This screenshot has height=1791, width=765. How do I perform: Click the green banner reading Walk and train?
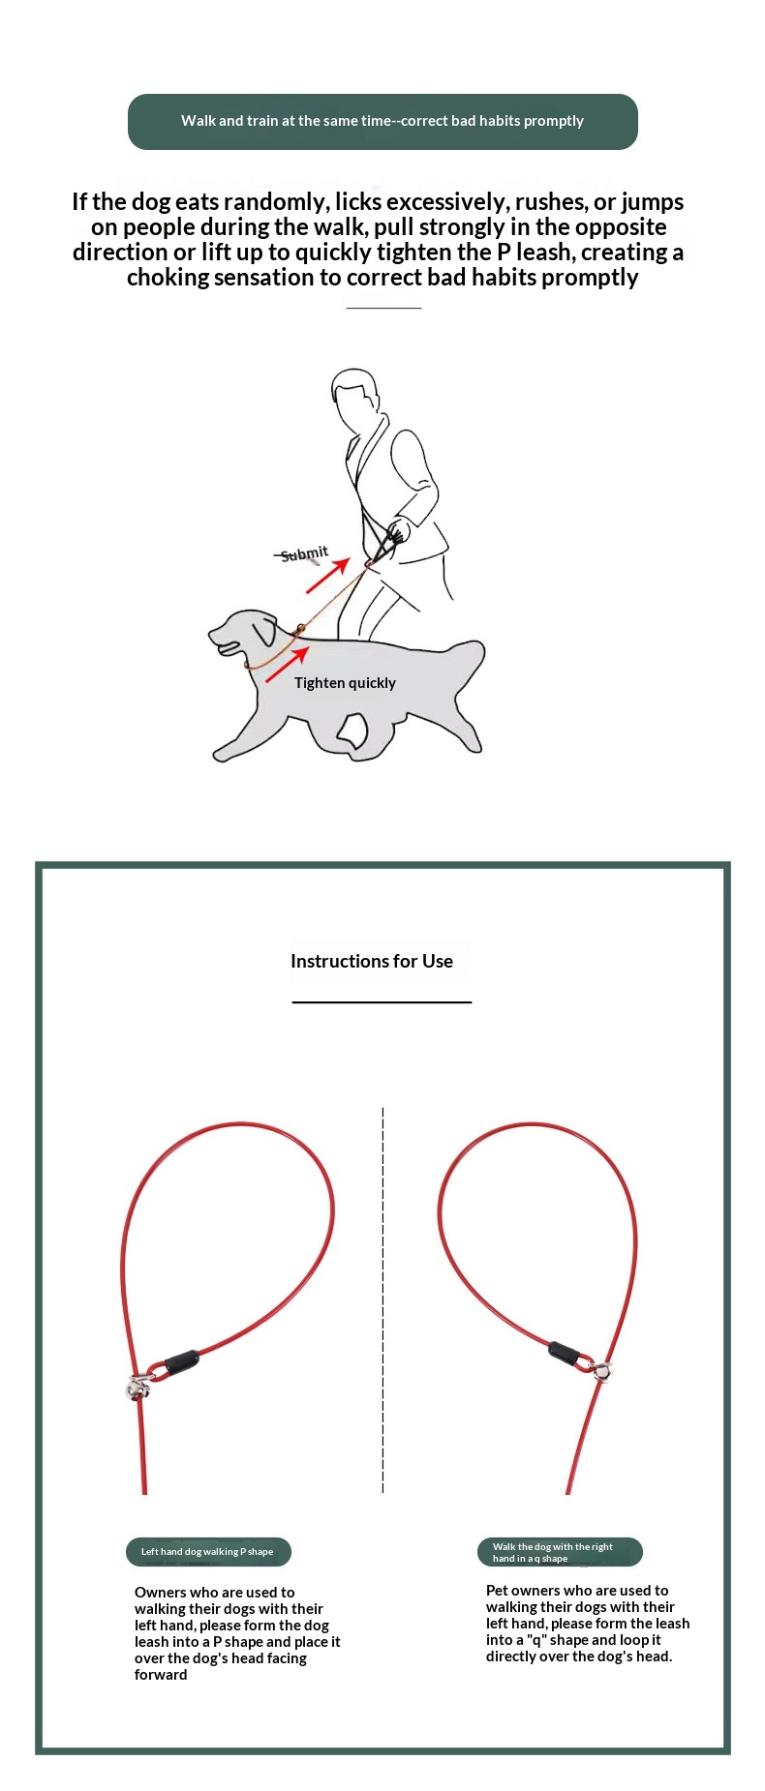(382, 122)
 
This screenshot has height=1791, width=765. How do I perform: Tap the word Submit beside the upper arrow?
(304, 554)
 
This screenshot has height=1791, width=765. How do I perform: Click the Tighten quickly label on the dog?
(345, 683)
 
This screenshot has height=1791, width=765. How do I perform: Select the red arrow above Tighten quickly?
(287, 665)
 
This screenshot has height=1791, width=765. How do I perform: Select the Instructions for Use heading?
(372, 962)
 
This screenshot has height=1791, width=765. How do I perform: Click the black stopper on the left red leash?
(181, 1361)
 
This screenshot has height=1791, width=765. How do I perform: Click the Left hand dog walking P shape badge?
(208, 1552)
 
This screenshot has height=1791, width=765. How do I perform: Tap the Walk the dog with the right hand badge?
(560, 1552)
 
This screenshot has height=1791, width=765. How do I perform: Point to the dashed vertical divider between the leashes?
(382, 1300)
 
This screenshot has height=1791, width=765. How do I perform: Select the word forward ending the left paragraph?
(161, 1675)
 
